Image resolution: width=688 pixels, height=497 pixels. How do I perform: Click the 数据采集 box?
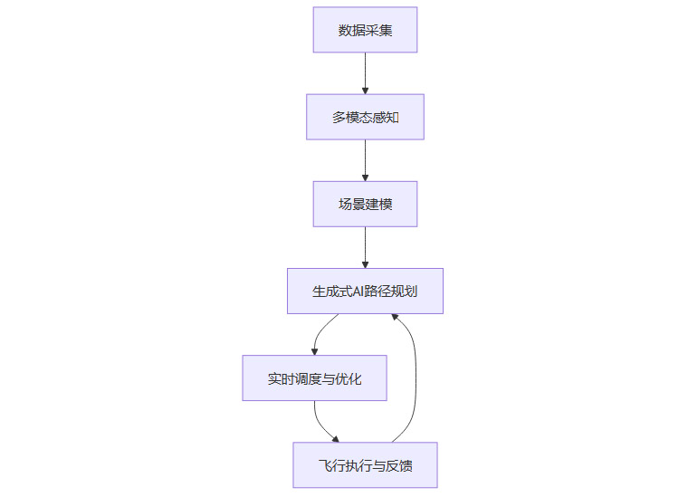[365, 30]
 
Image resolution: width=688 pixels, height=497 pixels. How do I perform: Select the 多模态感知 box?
[365, 117]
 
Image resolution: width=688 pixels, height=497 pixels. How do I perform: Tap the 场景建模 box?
[365, 204]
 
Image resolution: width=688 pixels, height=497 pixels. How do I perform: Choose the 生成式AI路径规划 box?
[365, 291]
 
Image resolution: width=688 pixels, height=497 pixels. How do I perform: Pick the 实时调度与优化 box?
[314, 378]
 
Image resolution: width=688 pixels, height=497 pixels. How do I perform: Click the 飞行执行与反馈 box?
[365, 465]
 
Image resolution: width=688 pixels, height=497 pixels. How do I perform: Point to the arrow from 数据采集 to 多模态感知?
[365, 71]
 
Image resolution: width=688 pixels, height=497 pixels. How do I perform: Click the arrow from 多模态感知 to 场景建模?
[365, 158]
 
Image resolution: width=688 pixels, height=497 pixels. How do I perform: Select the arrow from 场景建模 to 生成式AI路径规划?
[365, 244]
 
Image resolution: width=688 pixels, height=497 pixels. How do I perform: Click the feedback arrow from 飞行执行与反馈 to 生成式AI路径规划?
[416, 380]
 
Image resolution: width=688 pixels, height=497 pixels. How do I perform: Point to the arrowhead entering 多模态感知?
[365, 90]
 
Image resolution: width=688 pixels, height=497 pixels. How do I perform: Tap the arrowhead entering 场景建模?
[365, 177]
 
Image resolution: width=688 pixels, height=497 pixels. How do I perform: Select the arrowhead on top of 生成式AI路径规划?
[365, 263]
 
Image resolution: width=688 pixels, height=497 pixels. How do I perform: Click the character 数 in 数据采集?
[345, 31]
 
